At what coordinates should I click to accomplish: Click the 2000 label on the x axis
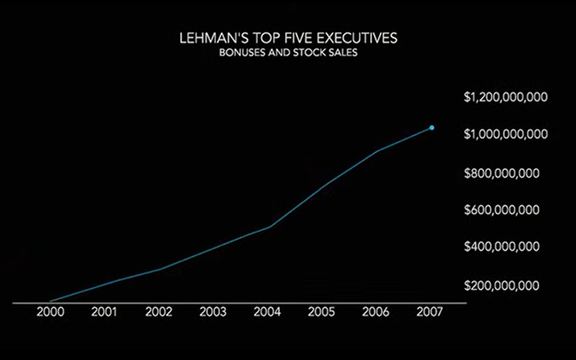[x=51, y=312]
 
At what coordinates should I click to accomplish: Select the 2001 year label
[x=104, y=312]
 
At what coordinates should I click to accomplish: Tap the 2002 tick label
[x=159, y=312]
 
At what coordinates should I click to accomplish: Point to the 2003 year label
[x=213, y=312]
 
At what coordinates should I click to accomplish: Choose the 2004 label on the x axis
[x=267, y=312]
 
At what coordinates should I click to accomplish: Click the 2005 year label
[x=321, y=312]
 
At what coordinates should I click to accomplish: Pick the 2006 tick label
[x=376, y=312]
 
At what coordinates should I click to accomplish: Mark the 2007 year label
[x=430, y=312]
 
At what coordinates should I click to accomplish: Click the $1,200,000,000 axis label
[x=506, y=97]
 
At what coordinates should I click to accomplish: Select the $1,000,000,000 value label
[x=506, y=134]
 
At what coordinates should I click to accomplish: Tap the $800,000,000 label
[x=502, y=173]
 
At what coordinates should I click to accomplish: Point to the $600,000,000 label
[x=502, y=210]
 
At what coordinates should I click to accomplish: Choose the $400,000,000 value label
[x=502, y=246]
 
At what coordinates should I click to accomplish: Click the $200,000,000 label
[x=502, y=285]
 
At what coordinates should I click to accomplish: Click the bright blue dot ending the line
[x=432, y=127]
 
